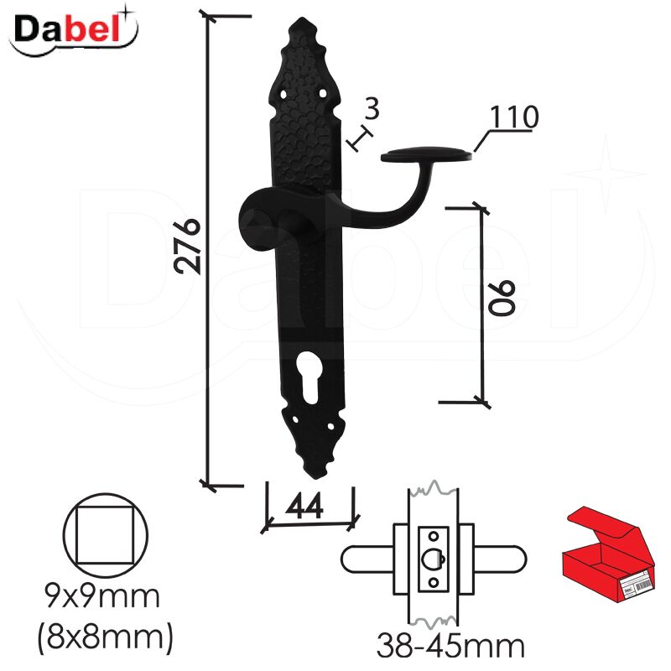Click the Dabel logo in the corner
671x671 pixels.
pos(74,31)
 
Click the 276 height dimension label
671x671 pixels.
pos(187,247)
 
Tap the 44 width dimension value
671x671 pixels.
pos(305,506)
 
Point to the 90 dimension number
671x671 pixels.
pos(502,299)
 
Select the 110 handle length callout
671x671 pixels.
pos(513,117)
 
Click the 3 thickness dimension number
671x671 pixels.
pos(372,109)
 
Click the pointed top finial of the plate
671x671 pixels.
pos(302,22)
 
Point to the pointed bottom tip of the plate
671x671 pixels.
pos(317,474)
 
